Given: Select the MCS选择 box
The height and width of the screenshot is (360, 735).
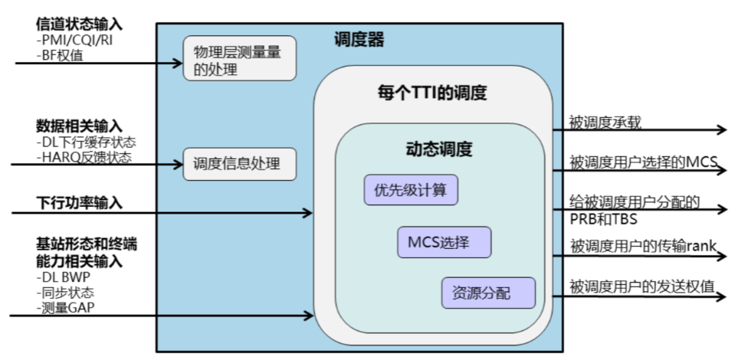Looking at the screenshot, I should (444, 242).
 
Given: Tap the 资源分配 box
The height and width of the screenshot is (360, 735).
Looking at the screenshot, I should (487, 292).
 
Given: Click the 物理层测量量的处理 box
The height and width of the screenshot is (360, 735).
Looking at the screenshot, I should (239, 59).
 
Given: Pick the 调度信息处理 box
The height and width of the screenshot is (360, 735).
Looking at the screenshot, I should (239, 164).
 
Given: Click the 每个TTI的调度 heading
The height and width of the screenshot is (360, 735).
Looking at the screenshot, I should (432, 93).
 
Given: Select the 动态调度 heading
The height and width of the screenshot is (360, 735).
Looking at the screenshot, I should (438, 148).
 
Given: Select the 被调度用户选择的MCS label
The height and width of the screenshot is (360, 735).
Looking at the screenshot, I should (641, 162).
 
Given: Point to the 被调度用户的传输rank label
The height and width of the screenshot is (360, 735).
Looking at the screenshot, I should (641, 246).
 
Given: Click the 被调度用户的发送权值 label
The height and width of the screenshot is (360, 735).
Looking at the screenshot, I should (641, 286).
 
